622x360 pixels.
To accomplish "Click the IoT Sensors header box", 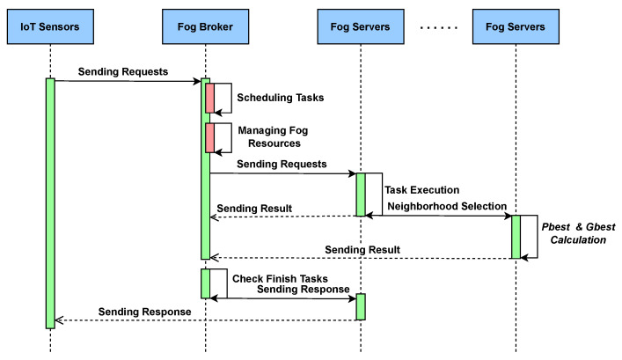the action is point(50,26).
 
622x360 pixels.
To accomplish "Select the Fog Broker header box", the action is point(206,26).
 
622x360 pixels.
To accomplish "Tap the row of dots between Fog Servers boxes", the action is point(439,28).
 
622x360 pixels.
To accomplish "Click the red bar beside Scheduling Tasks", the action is point(210,98).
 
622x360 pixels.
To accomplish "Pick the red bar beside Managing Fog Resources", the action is point(210,137).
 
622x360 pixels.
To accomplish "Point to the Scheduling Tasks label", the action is point(281,98).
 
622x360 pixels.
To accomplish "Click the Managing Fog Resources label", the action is point(274,136).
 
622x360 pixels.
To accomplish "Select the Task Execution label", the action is point(422,190).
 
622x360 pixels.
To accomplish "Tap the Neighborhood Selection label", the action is point(447,206).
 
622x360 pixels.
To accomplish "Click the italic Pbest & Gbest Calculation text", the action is point(578,233).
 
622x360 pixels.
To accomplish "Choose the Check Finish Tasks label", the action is point(280,279).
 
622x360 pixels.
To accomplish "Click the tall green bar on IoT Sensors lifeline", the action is point(50,203).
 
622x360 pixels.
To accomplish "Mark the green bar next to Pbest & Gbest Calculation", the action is point(516,237).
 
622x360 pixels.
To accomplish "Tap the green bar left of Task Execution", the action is point(361,195).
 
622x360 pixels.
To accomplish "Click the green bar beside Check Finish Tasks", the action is point(206,283).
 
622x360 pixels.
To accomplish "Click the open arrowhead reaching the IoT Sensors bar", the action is point(59,320).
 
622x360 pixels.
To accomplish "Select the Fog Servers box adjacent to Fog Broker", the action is point(361,26).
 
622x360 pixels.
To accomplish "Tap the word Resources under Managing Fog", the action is point(274,143).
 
